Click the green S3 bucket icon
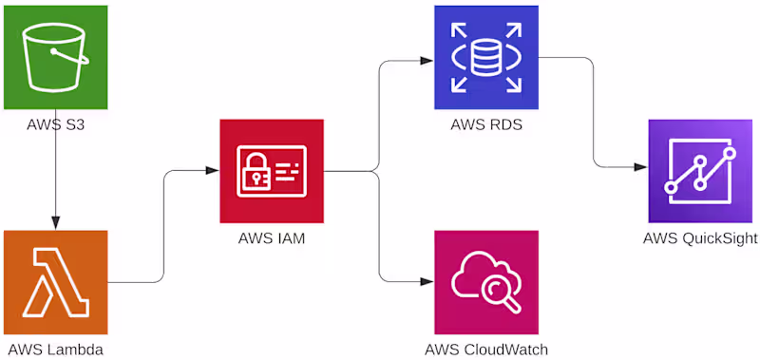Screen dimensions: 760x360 pyautogui.click(x=55, y=57)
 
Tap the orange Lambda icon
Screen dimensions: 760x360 pyautogui.click(x=55, y=282)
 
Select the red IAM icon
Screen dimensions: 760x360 pyautogui.click(x=272, y=171)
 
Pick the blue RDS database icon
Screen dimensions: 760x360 pyautogui.click(x=486, y=57)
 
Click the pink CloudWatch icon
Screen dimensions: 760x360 pyautogui.click(x=486, y=282)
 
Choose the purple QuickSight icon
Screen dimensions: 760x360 pyautogui.click(x=700, y=171)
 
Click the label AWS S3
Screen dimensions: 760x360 pyautogui.click(x=55, y=125)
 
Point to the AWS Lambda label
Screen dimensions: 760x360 pyautogui.click(x=56, y=349)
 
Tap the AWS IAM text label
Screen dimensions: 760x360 pyautogui.click(x=272, y=238)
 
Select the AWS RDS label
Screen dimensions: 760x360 pyautogui.click(x=486, y=125)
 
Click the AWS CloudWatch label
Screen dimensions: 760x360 pyautogui.click(x=486, y=349)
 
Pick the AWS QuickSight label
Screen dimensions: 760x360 pyautogui.click(x=700, y=238)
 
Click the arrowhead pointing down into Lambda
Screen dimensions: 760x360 pyautogui.click(x=55, y=222)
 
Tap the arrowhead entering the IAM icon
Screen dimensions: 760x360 pyautogui.click(x=212, y=171)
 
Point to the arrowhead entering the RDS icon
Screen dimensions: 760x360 pyautogui.click(x=427, y=61)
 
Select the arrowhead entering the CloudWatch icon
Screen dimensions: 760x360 pyautogui.click(x=427, y=281)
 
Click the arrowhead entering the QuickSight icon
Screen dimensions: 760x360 pyautogui.click(x=640, y=167)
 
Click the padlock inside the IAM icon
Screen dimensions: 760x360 pyautogui.click(x=255, y=172)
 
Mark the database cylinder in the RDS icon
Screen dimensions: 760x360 pyautogui.click(x=486, y=57)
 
